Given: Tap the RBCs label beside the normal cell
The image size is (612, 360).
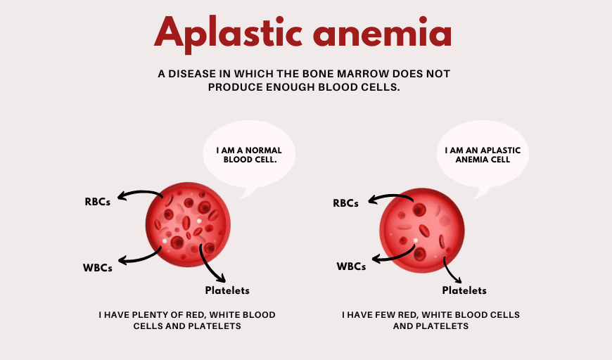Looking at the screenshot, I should coord(98,202).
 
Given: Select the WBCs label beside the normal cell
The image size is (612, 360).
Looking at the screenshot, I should coord(98,267).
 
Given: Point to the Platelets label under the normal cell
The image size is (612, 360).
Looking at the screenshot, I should coord(227,290).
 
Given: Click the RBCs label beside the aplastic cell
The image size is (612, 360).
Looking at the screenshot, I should coord(345,203).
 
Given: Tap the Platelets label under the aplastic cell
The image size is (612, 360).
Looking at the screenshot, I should coord(464,290).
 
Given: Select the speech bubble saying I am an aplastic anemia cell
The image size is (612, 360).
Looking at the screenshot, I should coord(483,155).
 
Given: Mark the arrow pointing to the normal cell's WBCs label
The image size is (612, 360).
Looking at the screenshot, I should coord(144,254).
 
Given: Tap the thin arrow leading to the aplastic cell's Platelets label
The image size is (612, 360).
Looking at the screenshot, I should coord(453,269).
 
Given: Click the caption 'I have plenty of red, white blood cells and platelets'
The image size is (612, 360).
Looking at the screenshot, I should coord(187,321).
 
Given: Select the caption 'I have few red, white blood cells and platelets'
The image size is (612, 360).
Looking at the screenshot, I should coord(431,321).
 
